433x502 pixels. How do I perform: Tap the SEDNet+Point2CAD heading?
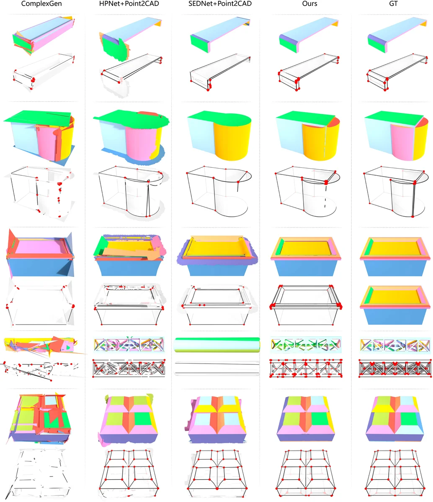216,4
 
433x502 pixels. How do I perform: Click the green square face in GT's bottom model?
409,418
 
